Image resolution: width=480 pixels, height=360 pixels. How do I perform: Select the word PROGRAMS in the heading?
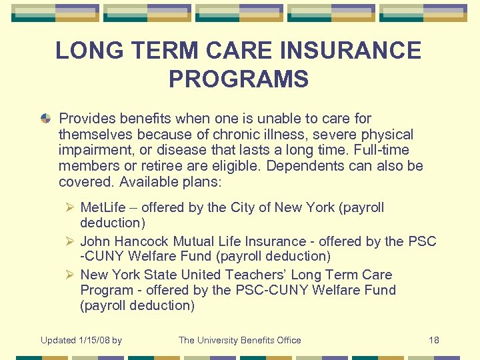[x=239, y=79]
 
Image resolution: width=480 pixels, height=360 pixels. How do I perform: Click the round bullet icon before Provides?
[x=45, y=119]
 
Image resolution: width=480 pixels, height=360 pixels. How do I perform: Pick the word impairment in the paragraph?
[x=93, y=151]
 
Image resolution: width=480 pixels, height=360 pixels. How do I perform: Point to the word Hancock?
[x=142, y=241]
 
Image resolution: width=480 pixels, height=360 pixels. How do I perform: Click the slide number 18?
[x=433, y=340]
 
